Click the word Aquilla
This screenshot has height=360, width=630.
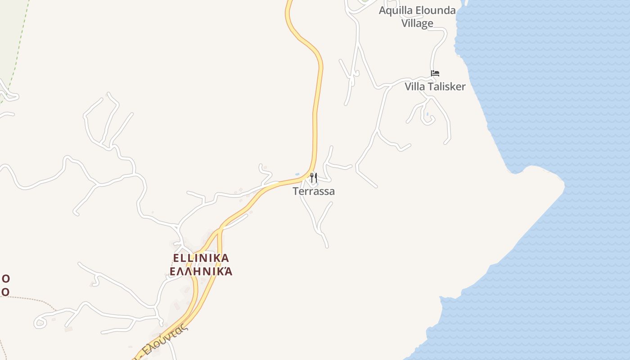395,11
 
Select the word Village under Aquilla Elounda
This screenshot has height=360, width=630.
417,23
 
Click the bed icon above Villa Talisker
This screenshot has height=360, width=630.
435,73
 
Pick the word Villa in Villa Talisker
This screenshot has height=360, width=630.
414,86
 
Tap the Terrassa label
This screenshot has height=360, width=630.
314,191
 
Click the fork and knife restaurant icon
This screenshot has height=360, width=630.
314,178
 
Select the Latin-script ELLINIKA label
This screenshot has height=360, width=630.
201,258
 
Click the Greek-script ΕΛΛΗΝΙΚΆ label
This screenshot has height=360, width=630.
201,271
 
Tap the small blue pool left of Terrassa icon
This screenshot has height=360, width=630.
297,174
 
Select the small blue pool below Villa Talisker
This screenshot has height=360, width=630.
427,114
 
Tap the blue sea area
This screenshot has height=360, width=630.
562,90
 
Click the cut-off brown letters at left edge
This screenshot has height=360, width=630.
5,285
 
